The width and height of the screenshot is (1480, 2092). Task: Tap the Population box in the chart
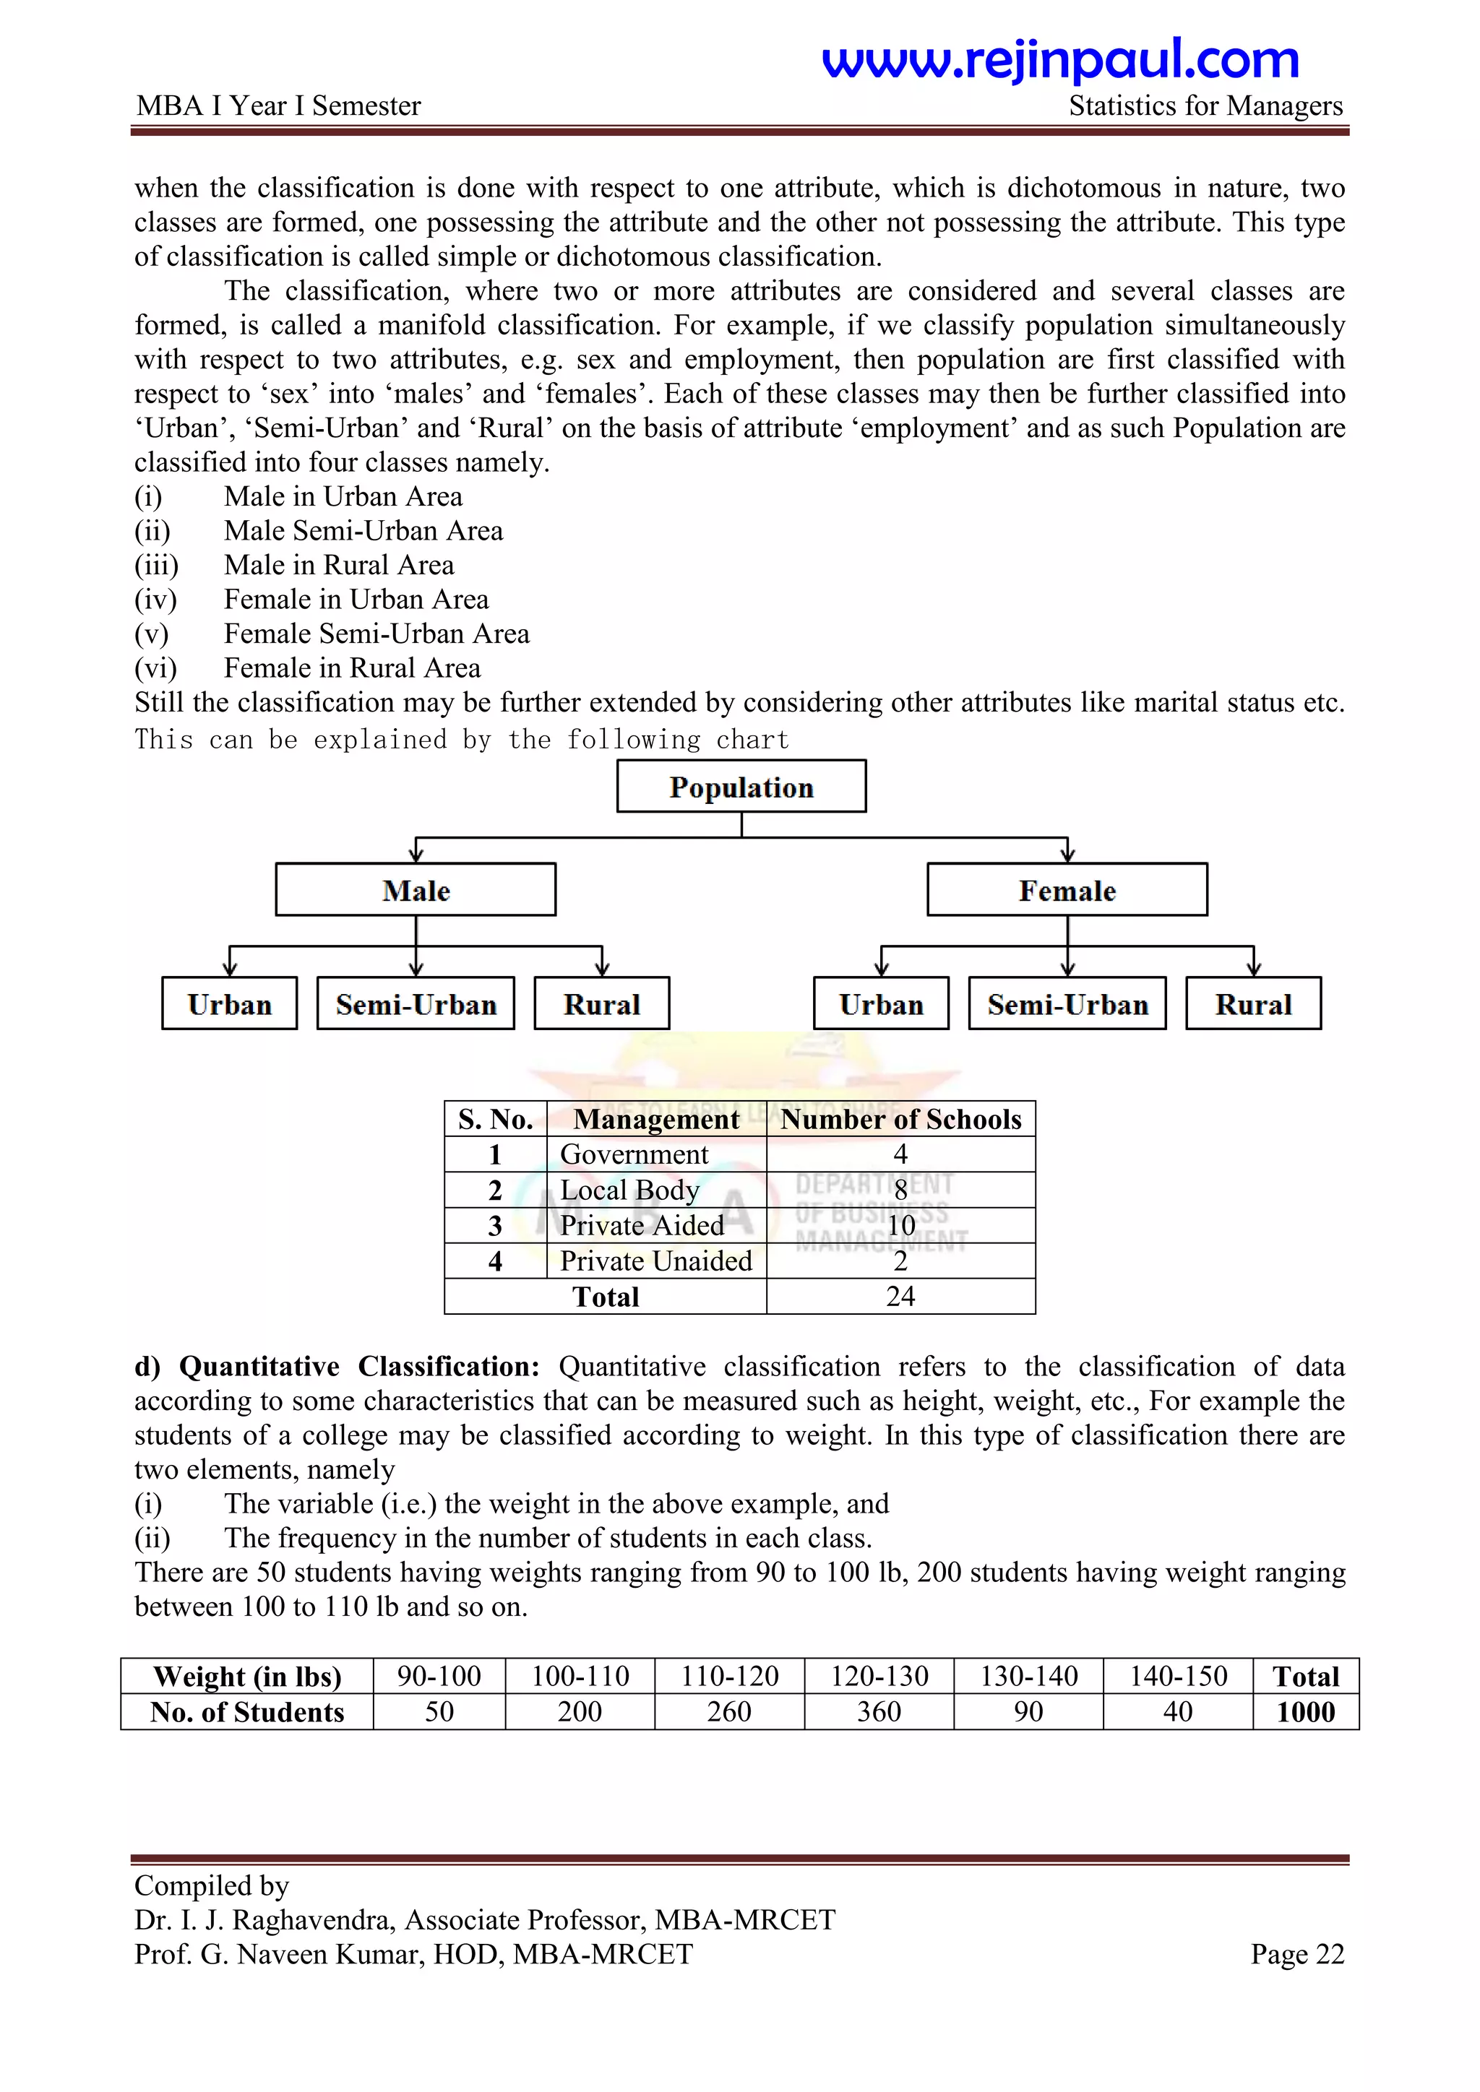click(x=741, y=787)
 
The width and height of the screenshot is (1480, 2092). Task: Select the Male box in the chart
click(x=416, y=889)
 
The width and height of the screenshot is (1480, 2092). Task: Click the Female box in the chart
click(x=1067, y=889)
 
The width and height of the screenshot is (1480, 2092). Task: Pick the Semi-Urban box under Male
click(x=416, y=1003)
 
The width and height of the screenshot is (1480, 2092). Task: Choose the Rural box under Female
click(x=1253, y=1003)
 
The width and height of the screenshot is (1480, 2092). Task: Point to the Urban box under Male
click(x=230, y=1003)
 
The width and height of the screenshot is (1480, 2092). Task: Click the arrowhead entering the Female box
click(x=1067, y=855)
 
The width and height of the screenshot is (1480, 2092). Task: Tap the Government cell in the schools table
click(x=634, y=1154)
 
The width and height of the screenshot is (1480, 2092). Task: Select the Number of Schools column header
click(x=900, y=1119)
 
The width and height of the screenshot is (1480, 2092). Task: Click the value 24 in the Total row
click(x=900, y=1297)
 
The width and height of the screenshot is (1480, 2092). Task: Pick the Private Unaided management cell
click(x=656, y=1261)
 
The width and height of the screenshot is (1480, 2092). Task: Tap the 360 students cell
click(x=879, y=1712)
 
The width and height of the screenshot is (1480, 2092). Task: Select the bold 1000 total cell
click(x=1305, y=1712)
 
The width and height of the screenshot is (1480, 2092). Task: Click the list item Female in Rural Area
click(x=352, y=668)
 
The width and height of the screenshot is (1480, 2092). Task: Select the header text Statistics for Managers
click(x=1205, y=105)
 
